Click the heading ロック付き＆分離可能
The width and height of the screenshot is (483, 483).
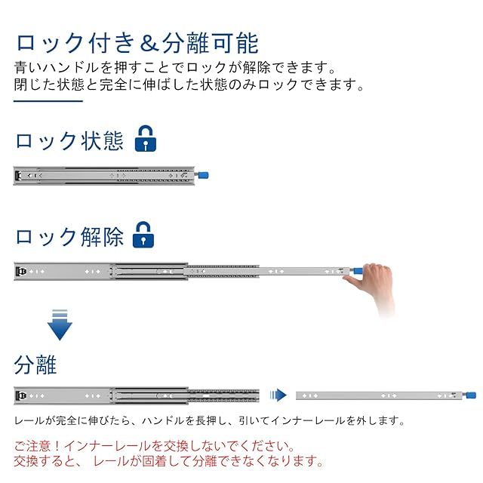(x=137, y=43)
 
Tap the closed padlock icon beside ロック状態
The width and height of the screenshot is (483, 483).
(x=146, y=138)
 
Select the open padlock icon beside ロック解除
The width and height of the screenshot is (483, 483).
(x=143, y=235)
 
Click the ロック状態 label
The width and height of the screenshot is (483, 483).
(x=69, y=141)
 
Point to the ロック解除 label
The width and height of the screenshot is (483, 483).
(x=69, y=237)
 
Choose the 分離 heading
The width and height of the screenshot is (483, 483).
(x=35, y=365)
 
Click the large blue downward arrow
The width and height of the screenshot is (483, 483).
(x=60, y=325)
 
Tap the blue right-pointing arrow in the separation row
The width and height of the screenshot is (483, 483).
(x=278, y=395)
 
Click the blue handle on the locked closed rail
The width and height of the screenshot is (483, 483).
(x=203, y=175)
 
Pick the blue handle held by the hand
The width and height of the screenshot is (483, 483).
(x=358, y=271)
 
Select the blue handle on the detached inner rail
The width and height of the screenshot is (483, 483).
(x=471, y=395)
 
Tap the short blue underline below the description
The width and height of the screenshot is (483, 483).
(x=48, y=100)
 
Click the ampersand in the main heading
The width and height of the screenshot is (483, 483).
(x=149, y=44)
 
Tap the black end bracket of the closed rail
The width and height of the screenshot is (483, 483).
(x=18, y=175)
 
